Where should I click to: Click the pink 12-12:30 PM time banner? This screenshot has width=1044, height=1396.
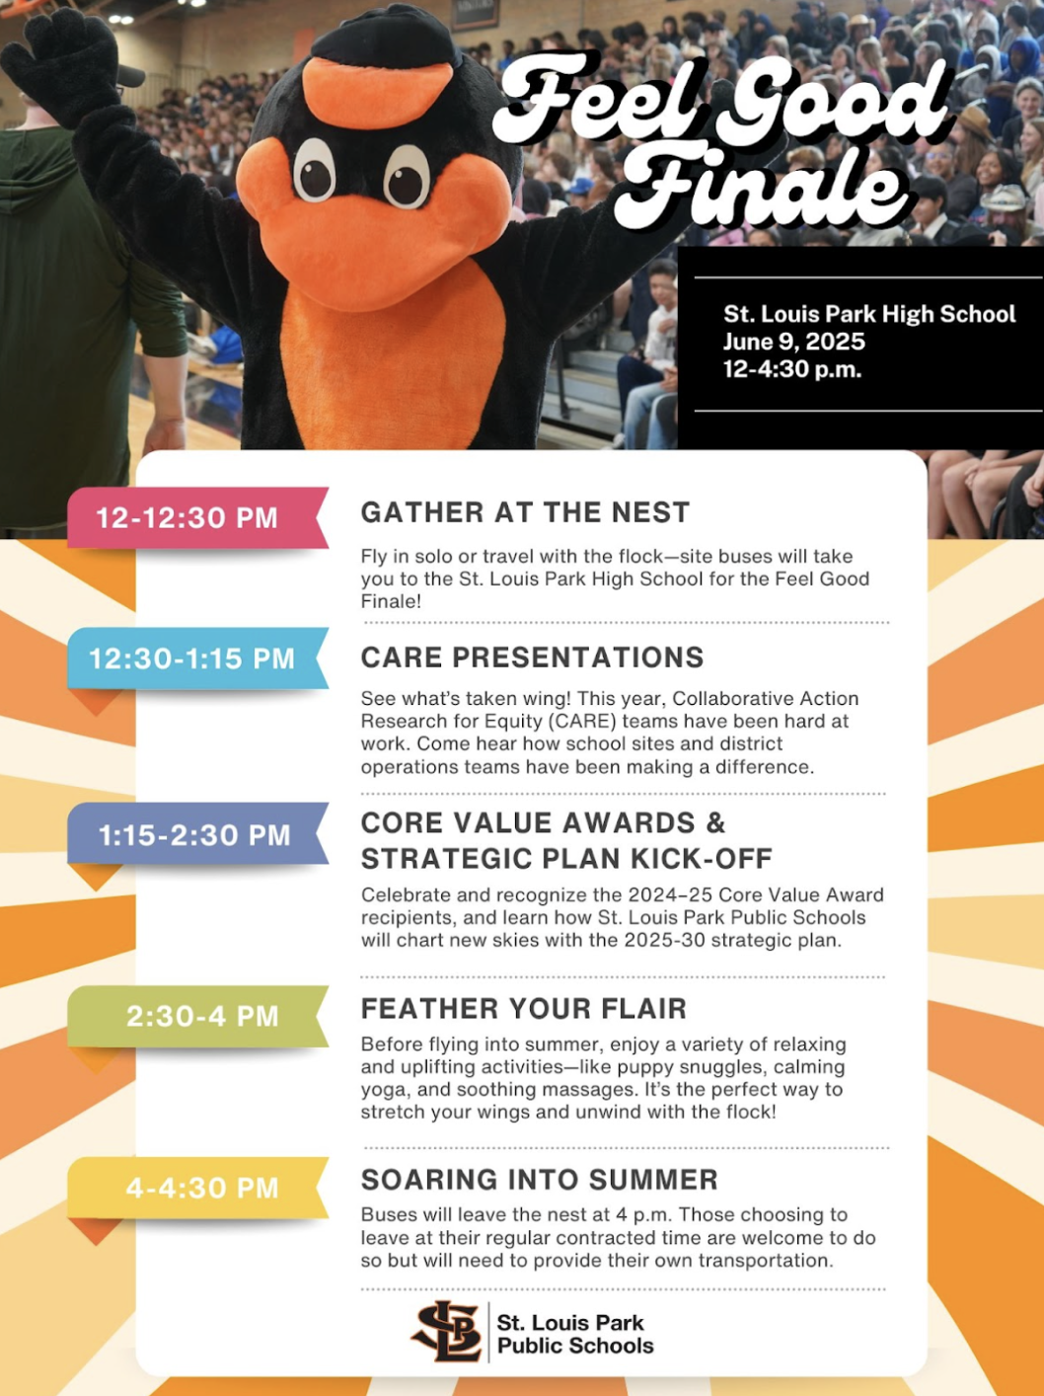(x=197, y=517)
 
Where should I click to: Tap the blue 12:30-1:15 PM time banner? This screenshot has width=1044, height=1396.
(x=197, y=658)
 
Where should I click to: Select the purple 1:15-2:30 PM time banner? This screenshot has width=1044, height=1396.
(x=197, y=834)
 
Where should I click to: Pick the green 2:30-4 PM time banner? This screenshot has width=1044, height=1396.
(x=197, y=1016)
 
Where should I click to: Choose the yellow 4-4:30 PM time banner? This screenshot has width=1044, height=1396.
(x=197, y=1188)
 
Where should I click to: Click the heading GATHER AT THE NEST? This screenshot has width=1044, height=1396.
(x=525, y=512)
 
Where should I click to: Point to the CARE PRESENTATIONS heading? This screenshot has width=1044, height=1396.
(x=533, y=658)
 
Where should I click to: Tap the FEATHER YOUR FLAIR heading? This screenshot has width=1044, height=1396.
(x=524, y=1009)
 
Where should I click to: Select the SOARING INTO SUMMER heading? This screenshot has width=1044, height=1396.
(x=540, y=1180)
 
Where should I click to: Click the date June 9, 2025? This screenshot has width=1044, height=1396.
(x=794, y=342)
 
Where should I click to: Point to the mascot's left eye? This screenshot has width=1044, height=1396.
(x=315, y=171)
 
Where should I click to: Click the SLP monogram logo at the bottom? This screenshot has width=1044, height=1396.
(x=447, y=1331)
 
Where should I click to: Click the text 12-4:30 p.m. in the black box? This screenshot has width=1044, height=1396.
(x=792, y=369)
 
